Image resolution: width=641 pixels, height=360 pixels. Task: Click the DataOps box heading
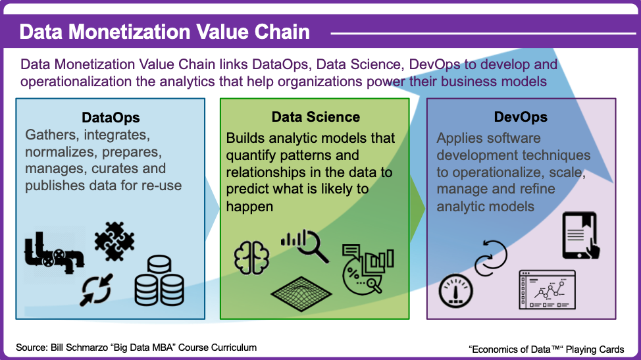point(111,118)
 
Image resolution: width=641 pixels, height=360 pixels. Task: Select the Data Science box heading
point(316,117)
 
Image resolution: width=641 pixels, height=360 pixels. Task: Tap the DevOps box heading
point(521,117)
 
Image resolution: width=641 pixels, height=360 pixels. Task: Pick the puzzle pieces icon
point(114,242)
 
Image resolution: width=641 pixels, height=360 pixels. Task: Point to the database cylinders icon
point(159,281)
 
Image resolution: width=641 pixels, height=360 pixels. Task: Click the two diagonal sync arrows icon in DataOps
point(97,290)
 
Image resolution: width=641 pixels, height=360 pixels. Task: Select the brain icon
point(251,257)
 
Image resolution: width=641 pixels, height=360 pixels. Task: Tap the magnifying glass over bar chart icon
point(305,245)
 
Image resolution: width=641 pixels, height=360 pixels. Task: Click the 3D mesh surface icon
point(301,294)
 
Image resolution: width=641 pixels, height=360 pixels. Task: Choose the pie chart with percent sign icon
point(367,269)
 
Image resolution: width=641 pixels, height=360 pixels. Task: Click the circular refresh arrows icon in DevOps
point(490,258)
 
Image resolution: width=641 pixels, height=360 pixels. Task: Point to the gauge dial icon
point(456,290)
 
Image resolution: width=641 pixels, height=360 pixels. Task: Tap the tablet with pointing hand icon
point(581,236)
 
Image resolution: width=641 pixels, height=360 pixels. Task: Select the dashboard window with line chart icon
point(547,290)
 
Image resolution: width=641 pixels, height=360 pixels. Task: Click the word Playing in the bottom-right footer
point(580,349)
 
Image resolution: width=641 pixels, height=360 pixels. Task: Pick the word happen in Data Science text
point(249,207)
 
